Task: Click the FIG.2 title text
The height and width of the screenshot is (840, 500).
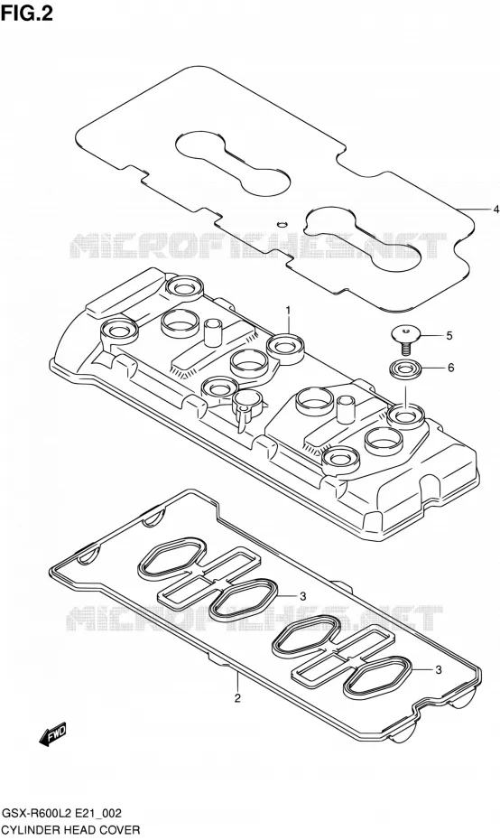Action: point(27,14)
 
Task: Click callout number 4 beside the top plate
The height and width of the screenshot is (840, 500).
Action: point(495,209)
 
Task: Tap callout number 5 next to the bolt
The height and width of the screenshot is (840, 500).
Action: point(449,336)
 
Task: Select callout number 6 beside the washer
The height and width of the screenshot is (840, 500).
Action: point(450,368)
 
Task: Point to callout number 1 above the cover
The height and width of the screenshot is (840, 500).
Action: point(288,310)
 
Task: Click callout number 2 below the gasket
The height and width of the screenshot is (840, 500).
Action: point(237,697)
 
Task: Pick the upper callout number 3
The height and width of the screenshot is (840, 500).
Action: point(302,596)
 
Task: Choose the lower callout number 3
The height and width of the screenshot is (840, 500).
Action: point(438,669)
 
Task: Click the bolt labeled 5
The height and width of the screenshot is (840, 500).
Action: point(406,341)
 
